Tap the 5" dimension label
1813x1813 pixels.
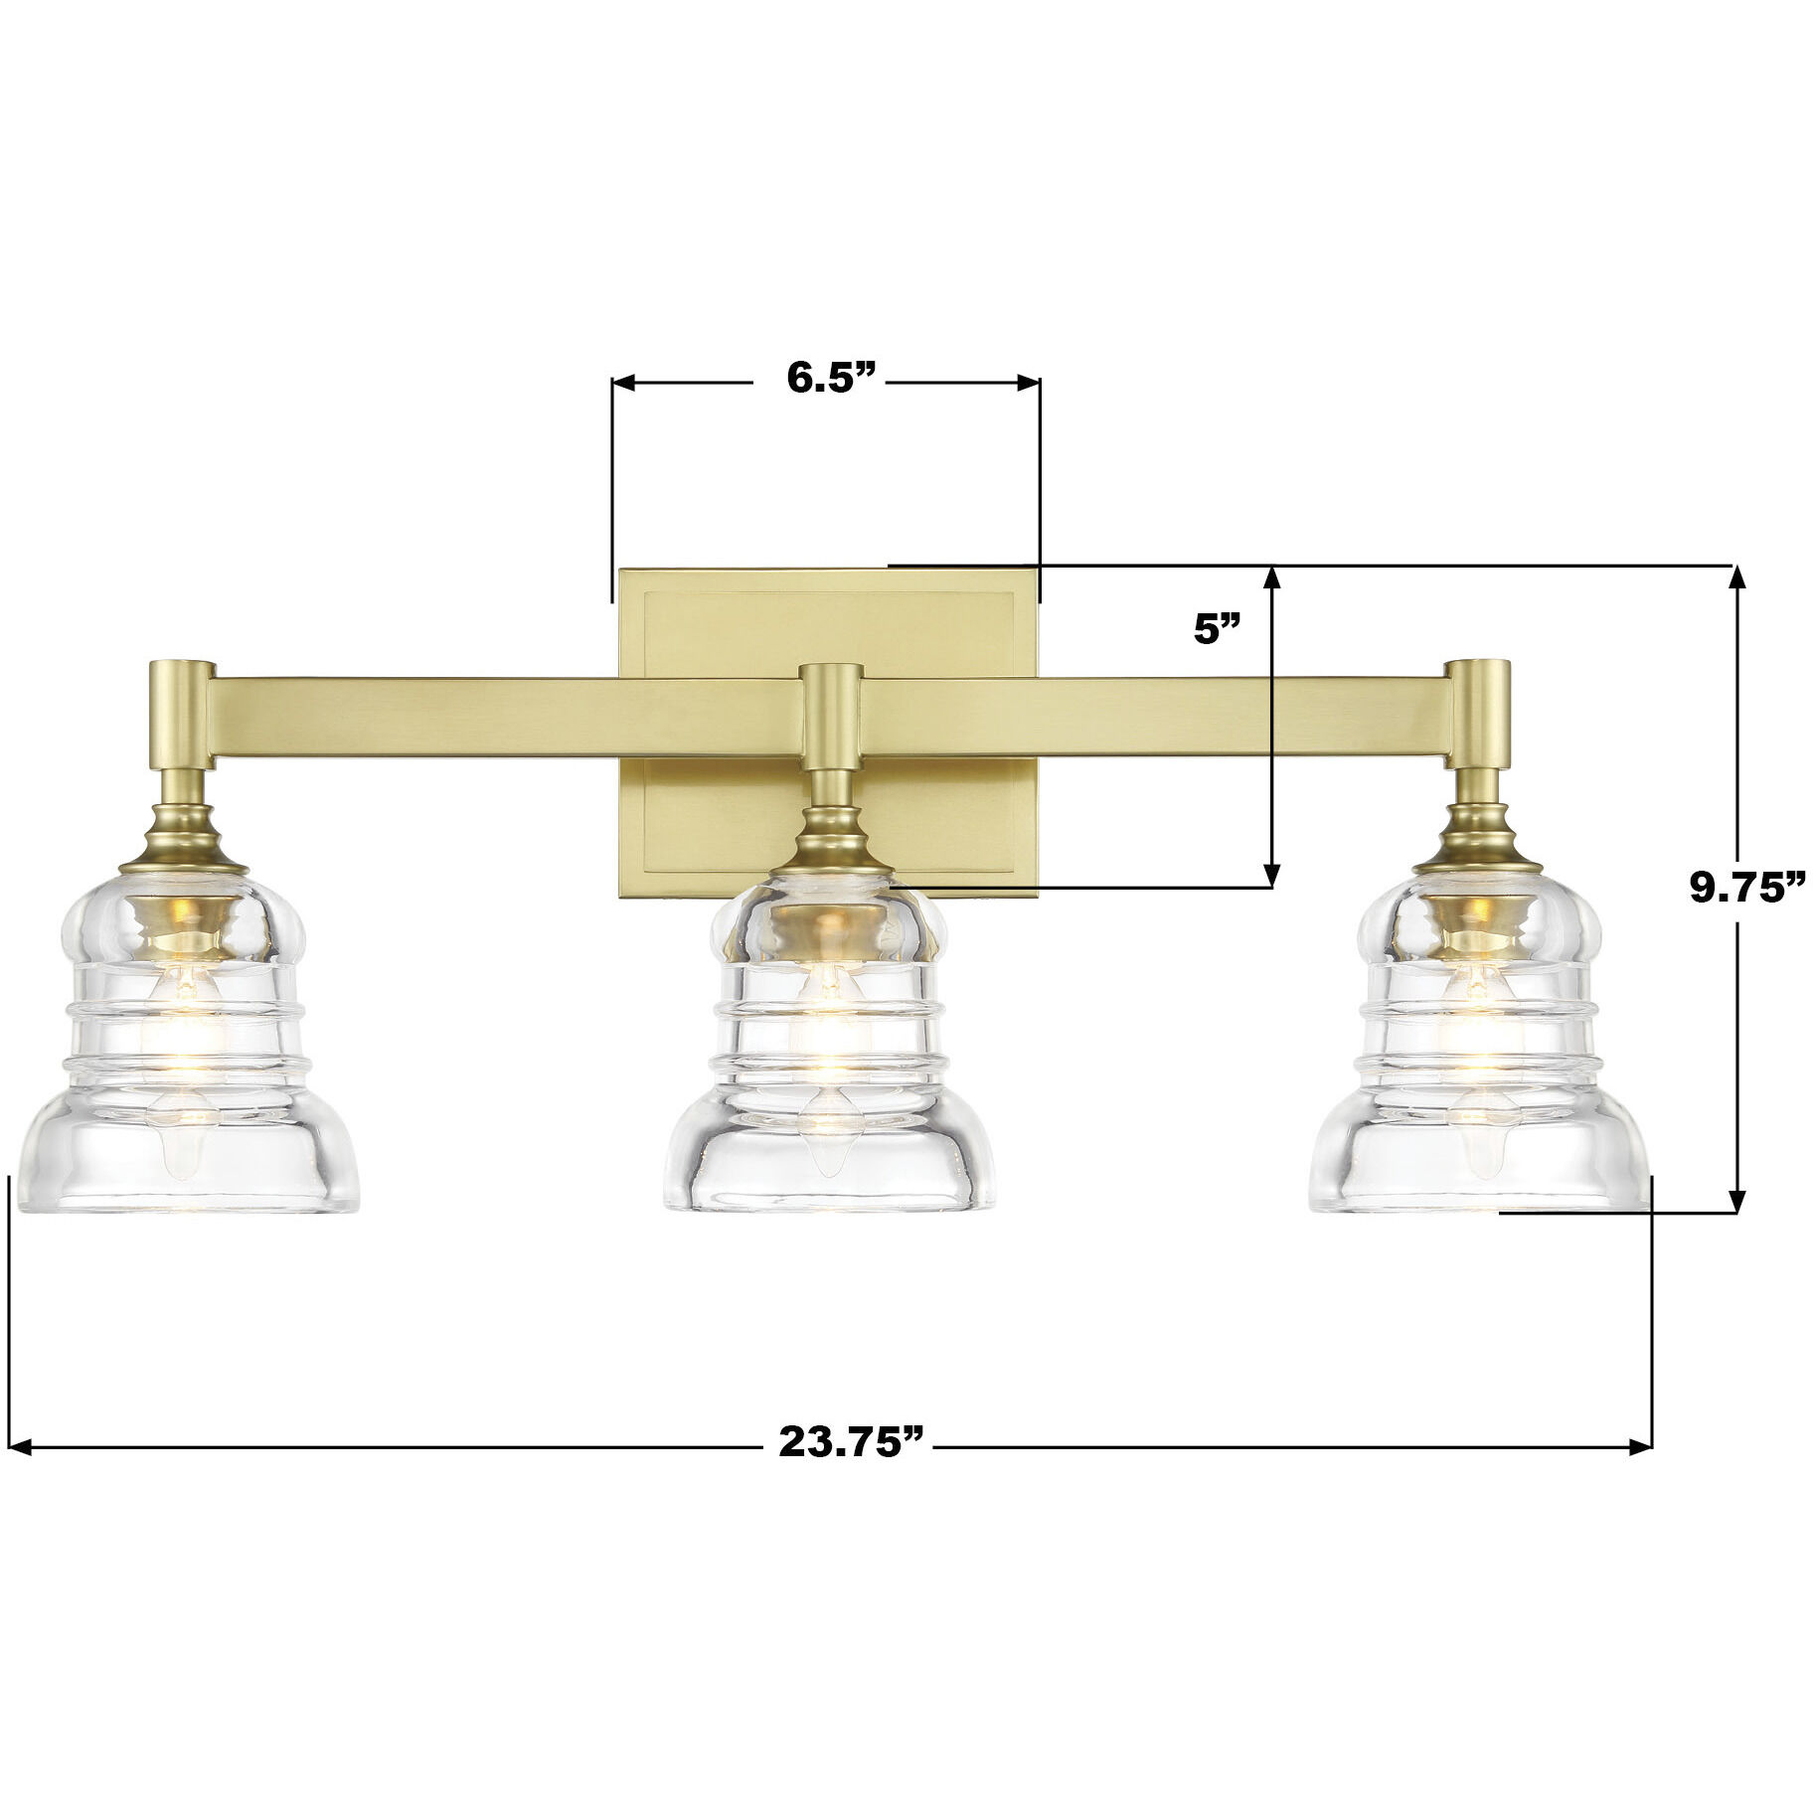click(x=1217, y=630)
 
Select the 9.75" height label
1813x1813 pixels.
click(x=1746, y=888)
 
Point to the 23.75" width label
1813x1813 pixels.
click(x=852, y=1440)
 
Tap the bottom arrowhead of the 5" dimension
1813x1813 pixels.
click(x=1271, y=875)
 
